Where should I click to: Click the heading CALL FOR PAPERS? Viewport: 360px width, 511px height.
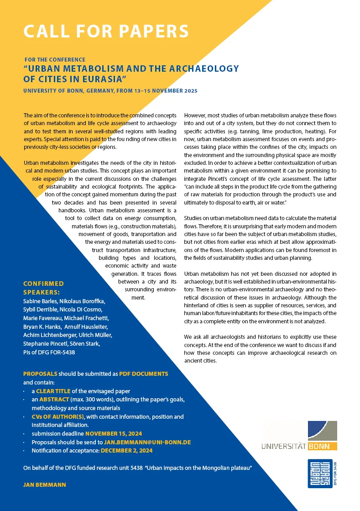pyautogui.click(x=106, y=31)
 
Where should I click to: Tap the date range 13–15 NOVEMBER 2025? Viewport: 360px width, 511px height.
pyautogui.click(x=158, y=91)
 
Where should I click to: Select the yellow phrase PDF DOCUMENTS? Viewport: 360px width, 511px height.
pyautogui.click(x=144, y=374)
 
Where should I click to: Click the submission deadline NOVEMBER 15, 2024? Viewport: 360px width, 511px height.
pyautogui.click(x=114, y=433)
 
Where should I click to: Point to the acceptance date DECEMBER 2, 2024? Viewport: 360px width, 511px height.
pyautogui.click(x=127, y=450)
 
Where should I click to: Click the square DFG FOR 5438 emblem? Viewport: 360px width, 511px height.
pyautogui.click(x=320, y=474)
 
